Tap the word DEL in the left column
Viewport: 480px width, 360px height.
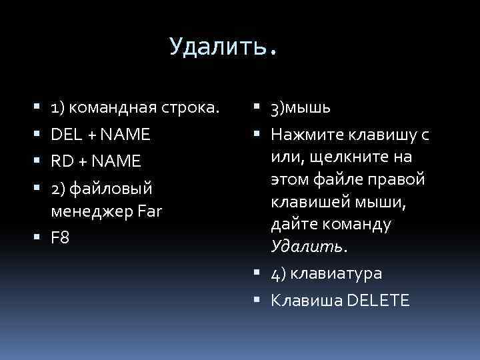point(65,135)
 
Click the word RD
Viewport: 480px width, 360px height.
point(62,161)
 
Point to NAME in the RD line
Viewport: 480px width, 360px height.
point(117,161)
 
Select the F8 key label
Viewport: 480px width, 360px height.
point(60,239)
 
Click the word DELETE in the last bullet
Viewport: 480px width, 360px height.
point(377,301)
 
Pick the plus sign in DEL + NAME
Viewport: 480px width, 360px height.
point(87,135)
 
